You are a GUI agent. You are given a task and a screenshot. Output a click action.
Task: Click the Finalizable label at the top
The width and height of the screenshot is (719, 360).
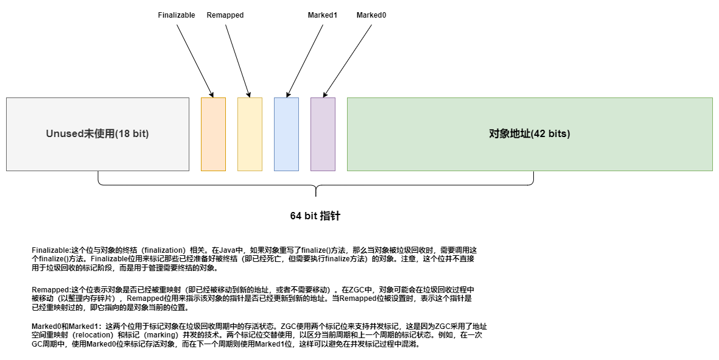pos(177,15)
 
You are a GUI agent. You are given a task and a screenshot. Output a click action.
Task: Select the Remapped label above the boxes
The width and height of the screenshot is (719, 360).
pos(225,15)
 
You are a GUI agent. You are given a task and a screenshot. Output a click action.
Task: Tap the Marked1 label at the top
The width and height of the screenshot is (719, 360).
pos(323,15)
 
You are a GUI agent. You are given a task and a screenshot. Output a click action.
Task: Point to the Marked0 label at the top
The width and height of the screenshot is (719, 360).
pos(371,15)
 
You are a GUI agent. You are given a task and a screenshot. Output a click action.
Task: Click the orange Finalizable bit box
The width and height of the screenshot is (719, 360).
pos(213,134)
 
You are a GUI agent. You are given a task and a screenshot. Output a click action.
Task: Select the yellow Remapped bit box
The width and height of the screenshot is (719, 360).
pos(250,134)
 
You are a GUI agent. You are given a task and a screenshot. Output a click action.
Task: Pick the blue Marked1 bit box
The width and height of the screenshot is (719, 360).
pos(286,134)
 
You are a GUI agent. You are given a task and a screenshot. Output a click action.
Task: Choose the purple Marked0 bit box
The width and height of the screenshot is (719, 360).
pos(323,134)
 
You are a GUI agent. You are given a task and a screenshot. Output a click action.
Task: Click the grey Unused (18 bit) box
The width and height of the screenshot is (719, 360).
pos(97,134)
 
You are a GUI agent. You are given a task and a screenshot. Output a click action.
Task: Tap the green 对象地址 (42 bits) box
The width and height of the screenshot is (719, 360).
pos(530,134)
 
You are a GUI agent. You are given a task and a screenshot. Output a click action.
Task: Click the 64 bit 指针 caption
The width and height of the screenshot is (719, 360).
pos(315,216)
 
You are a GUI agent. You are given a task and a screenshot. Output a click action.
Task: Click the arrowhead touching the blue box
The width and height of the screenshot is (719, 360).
pos(288,94)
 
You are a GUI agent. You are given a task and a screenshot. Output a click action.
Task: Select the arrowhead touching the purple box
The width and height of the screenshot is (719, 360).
pos(324,94)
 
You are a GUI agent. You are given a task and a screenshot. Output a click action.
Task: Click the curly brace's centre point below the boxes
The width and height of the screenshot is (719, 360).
pos(316,194)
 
